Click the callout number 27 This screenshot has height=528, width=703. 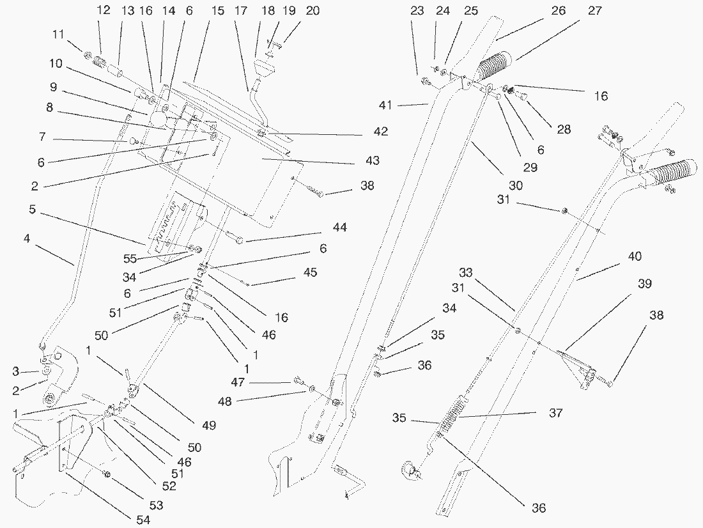click(594, 12)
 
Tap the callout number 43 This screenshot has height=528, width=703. click(372, 160)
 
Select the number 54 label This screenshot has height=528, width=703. click(143, 520)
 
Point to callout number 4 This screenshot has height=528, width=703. click(27, 239)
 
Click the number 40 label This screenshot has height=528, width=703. click(635, 256)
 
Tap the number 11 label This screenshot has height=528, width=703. click(58, 35)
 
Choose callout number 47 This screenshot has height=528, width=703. click(238, 382)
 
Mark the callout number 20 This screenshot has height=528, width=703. click(313, 10)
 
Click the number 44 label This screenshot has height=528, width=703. click(339, 228)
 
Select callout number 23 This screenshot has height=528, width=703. click(417, 11)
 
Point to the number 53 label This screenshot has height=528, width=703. click(156, 506)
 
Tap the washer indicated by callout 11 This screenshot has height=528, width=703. click(88, 55)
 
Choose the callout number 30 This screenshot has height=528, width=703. click(516, 185)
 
